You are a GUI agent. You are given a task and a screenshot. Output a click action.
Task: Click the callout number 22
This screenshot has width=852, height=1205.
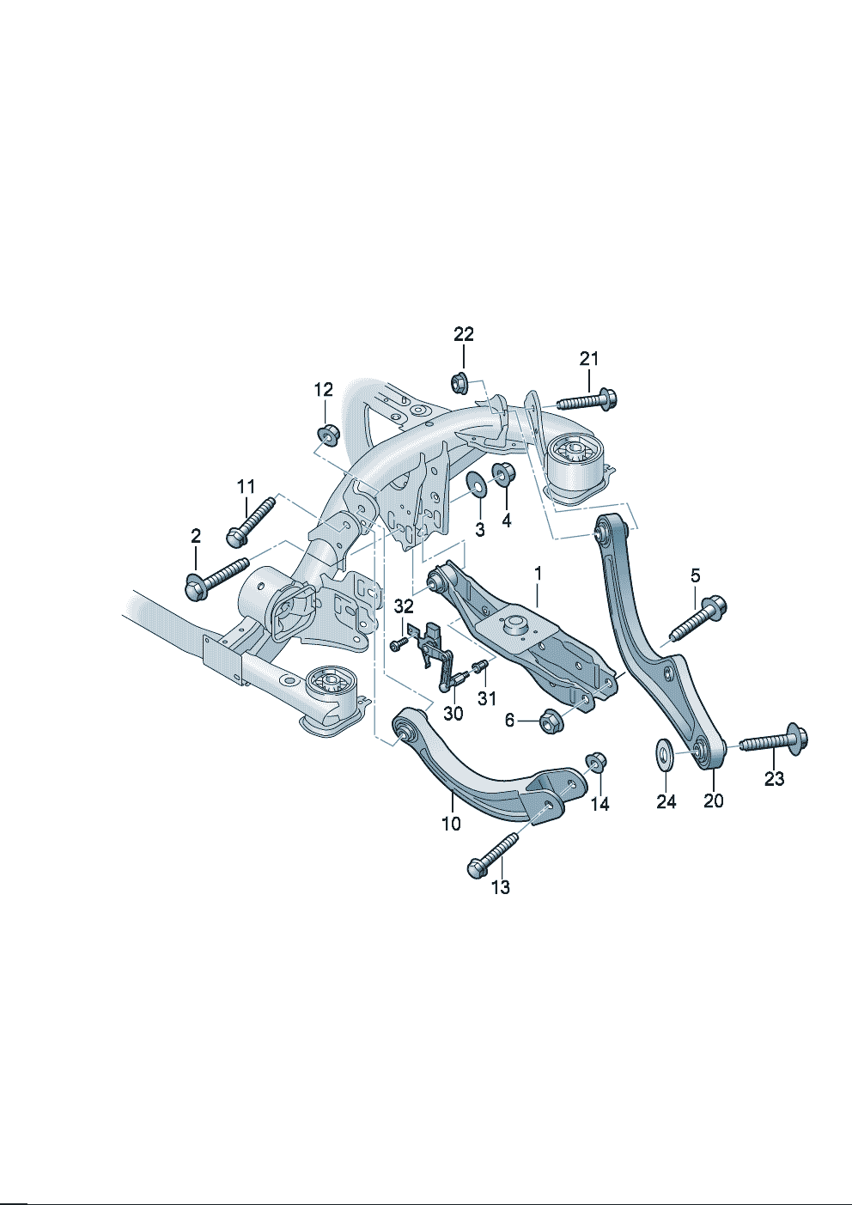(x=464, y=334)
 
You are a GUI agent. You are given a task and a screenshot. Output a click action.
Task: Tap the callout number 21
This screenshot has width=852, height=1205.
(x=588, y=358)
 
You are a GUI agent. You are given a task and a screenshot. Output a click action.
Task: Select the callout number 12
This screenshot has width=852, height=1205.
(x=323, y=390)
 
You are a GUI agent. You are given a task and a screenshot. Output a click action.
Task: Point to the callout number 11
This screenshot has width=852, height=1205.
(x=246, y=486)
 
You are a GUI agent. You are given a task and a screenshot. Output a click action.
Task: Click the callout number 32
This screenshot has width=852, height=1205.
(x=404, y=606)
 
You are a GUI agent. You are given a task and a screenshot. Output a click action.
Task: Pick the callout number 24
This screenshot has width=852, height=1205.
(x=666, y=801)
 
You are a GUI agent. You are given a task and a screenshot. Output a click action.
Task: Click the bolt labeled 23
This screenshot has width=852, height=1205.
(x=773, y=740)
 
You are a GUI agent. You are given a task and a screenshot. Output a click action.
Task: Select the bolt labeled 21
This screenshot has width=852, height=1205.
(x=587, y=400)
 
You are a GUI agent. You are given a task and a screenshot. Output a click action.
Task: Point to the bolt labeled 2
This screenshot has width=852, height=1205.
(x=216, y=577)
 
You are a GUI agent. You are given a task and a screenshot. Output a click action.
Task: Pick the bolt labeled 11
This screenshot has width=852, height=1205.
(x=250, y=520)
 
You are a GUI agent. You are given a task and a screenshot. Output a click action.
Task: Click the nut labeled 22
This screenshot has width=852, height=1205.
(x=459, y=381)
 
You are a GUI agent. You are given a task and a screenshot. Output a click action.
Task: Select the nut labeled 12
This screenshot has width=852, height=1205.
(x=326, y=434)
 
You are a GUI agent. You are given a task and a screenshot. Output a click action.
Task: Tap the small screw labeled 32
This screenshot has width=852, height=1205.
(x=398, y=642)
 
